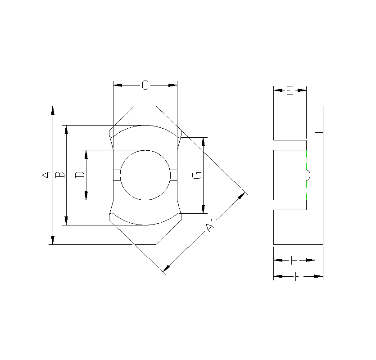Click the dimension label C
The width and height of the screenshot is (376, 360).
145,85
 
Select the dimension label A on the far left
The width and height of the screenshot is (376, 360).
45,175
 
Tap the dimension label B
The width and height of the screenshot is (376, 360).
59,175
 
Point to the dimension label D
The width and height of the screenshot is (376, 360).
79,175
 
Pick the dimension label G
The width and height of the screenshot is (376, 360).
197,175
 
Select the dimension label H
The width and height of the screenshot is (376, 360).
294,260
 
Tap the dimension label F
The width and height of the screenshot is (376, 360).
298,276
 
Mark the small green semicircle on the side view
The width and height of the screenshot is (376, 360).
308,175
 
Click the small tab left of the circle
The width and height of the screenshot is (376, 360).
116,175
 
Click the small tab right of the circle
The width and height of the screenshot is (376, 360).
174,175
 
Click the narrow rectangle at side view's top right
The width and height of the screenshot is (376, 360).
319,119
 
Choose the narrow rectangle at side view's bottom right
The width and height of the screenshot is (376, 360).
319,231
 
